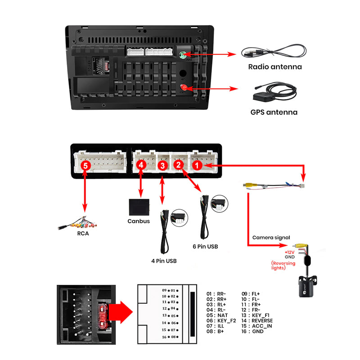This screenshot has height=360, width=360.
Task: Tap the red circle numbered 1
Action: point(196,166)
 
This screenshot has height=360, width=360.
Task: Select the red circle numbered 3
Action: point(163,166)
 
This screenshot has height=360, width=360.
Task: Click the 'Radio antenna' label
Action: point(275,67)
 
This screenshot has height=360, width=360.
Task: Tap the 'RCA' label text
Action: point(83,234)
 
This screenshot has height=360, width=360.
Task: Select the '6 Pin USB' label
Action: point(205,247)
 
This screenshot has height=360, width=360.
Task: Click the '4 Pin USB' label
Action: point(164,261)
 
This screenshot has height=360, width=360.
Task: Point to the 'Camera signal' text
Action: point(271,237)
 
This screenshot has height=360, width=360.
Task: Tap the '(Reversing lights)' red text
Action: point(283,265)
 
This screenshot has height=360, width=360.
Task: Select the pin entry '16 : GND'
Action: point(252,332)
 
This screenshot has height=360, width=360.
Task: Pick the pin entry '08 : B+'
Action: point(216,332)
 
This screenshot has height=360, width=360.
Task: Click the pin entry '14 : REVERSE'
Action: point(257,321)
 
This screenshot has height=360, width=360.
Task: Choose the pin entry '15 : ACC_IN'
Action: point(256,326)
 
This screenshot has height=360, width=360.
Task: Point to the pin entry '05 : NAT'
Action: point(217,315)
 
